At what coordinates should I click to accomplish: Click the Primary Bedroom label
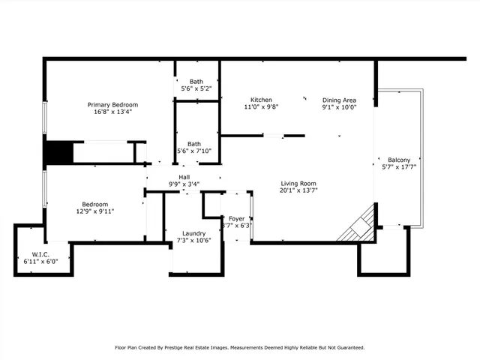[112, 104]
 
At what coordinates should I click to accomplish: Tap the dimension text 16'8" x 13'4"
[112, 112]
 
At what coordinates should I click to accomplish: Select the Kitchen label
[261, 100]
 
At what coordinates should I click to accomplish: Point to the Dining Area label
[339, 100]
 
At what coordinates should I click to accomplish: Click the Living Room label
[298, 183]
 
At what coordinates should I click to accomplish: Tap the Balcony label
[398, 160]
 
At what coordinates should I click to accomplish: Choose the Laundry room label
[194, 232]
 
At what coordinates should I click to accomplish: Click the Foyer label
[237, 218]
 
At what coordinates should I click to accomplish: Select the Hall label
[184, 176]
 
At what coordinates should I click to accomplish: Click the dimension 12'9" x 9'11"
[95, 211]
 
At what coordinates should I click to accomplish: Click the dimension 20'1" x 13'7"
[298, 190]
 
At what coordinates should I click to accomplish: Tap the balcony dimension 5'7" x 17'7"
[398, 167]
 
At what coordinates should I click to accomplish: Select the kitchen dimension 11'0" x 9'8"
[261, 107]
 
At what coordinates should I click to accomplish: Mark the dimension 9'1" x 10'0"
[339, 107]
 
